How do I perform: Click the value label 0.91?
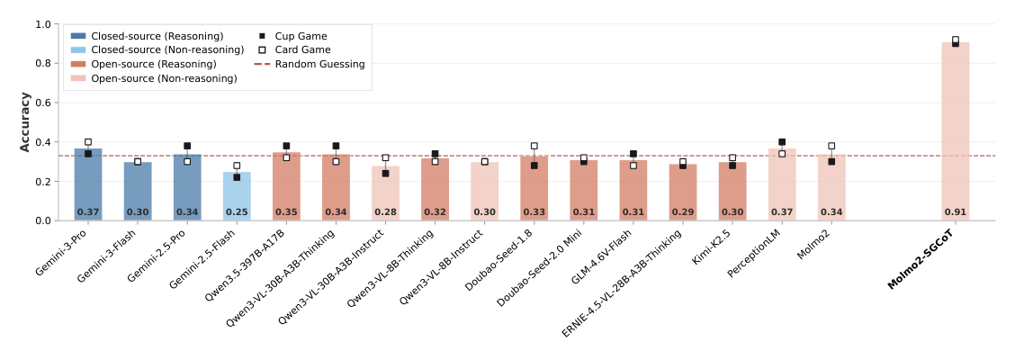[x=955, y=212]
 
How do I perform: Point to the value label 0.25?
[x=237, y=212]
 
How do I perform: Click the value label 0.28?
[x=385, y=212]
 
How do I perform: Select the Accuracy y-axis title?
[x=25, y=121]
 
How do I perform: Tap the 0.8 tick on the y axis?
[x=43, y=64]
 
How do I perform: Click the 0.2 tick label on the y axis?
[x=43, y=182]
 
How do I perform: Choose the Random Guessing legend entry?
[x=319, y=64]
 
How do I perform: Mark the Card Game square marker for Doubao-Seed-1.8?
[x=534, y=146]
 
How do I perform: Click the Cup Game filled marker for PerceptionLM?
[x=782, y=142]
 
